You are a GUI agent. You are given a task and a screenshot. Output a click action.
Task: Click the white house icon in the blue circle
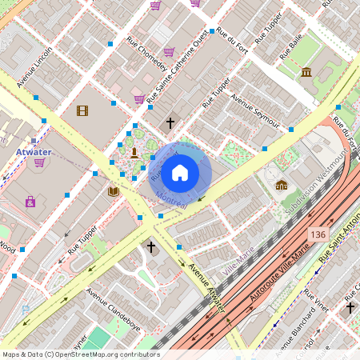click(180, 172)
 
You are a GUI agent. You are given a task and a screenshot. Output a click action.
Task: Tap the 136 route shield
click(318, 233)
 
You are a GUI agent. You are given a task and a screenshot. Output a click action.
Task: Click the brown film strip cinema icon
click(82, 110)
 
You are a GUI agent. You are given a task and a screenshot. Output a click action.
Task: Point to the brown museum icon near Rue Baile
click(306, 73)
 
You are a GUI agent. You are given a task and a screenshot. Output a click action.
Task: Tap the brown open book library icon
click(113, 191)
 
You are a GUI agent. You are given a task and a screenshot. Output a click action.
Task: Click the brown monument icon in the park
click(134, 152)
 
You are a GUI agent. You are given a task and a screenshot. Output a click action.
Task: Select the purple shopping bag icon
click(30, 202)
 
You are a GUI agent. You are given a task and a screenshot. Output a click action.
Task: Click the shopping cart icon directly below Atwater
click(38, 162)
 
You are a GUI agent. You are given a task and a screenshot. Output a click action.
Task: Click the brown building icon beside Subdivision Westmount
click(282, 185)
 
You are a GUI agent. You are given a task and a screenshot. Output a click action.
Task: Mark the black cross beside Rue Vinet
click(350, 306)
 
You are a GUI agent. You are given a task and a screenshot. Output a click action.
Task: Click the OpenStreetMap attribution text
click(81, 354)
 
